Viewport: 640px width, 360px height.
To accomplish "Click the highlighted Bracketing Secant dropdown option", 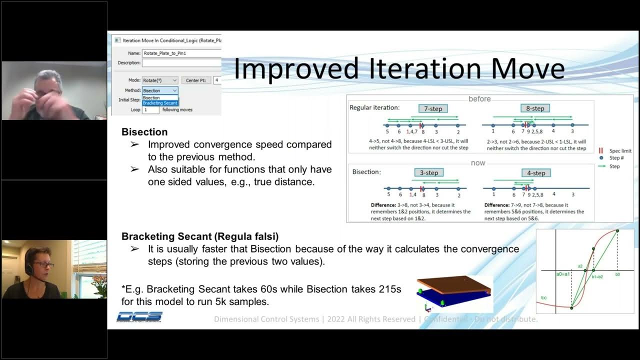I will (160, 103).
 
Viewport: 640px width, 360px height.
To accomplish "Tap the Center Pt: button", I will (195, 80).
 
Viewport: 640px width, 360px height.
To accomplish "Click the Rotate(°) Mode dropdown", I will (160, 80).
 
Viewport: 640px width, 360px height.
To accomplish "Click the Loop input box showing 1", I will (150, 109).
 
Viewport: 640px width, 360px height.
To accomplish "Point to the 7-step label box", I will (433, 108).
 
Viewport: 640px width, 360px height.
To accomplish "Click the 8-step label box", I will (534, 108).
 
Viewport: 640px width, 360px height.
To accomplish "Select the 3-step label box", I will (429, 173).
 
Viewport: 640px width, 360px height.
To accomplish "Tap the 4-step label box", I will (536, 173).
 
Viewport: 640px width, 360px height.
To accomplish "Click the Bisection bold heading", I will (144, 132).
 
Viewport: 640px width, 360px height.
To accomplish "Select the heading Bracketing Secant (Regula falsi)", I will (200, 236).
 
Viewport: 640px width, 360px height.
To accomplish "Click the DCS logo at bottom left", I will (139, 316).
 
